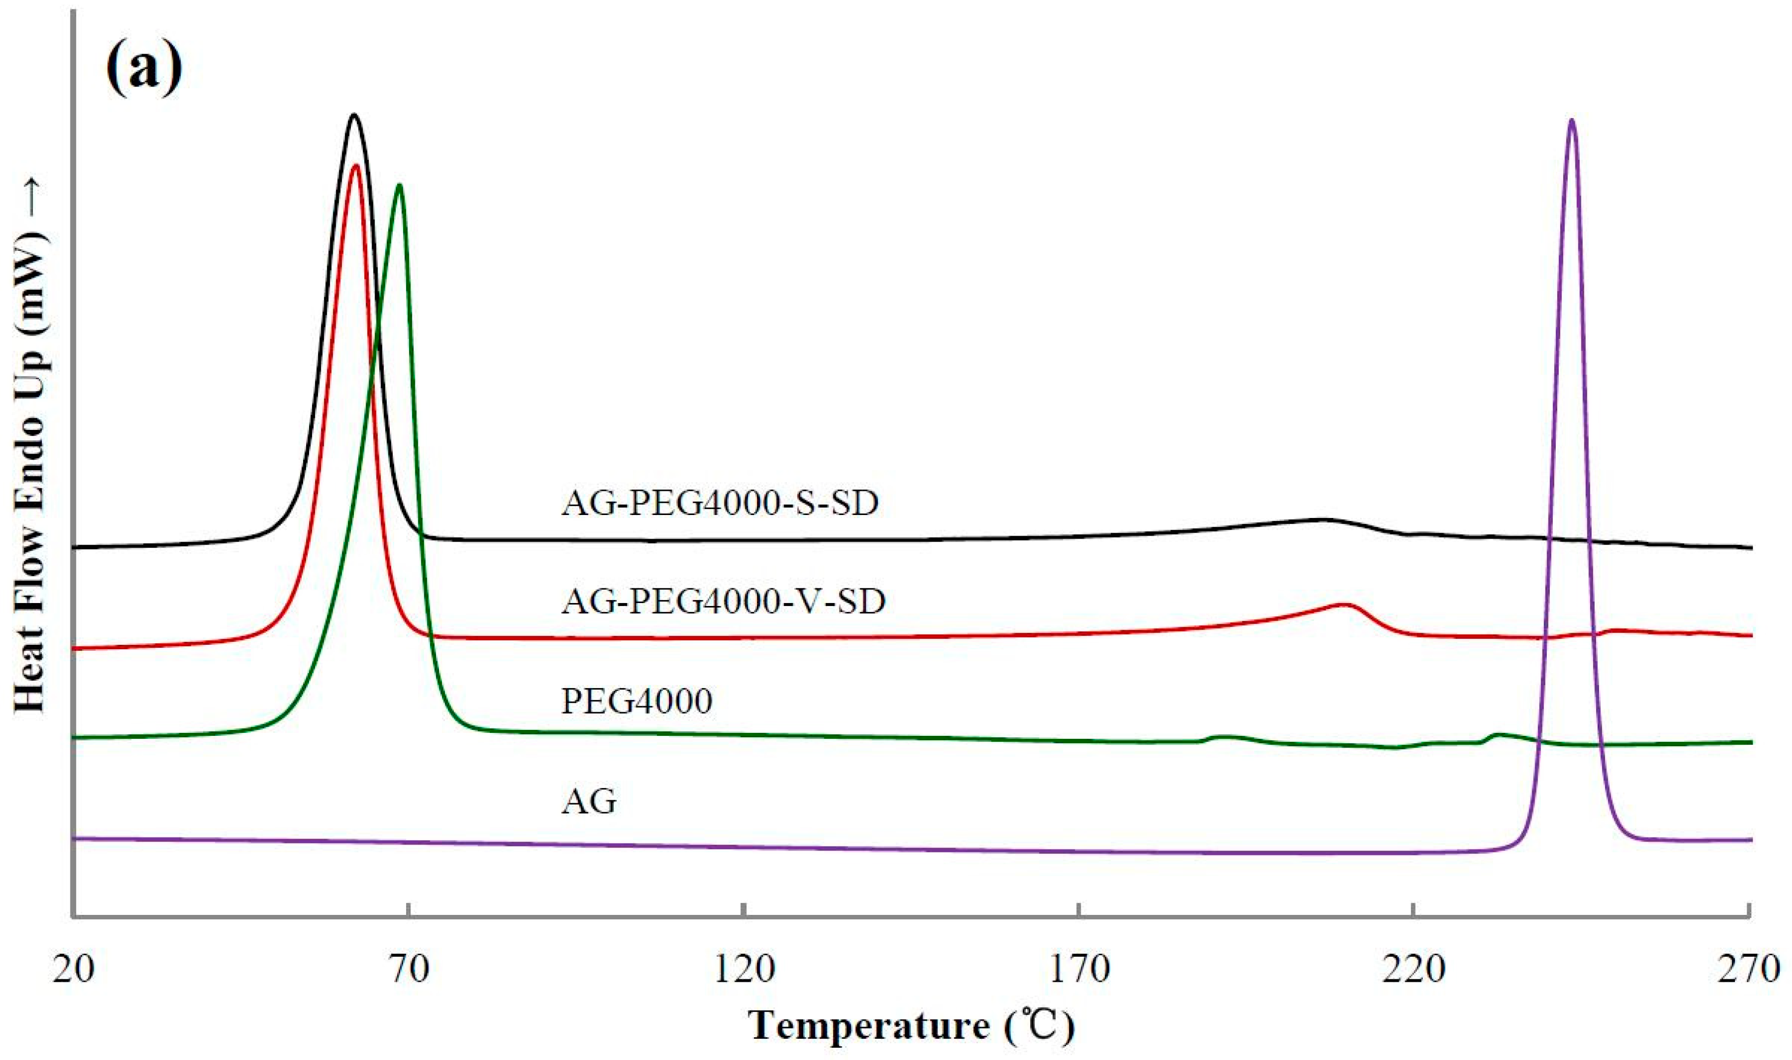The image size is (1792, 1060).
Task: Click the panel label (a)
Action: click(144, 68)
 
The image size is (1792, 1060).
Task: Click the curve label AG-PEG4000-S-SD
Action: click(720, 504)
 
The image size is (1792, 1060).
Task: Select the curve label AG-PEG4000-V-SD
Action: click(723, 602)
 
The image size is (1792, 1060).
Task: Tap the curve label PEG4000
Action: click(637, 701)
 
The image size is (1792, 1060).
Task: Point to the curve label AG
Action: click(588, 802)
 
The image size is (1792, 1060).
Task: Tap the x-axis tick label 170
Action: click(1078, 969)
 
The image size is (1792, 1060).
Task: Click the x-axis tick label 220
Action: click(1414, 969)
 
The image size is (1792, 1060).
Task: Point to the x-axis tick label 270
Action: click(1748, 969)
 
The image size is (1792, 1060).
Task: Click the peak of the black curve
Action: click(353, 115)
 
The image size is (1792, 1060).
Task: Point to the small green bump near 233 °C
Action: click(1498, 734)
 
